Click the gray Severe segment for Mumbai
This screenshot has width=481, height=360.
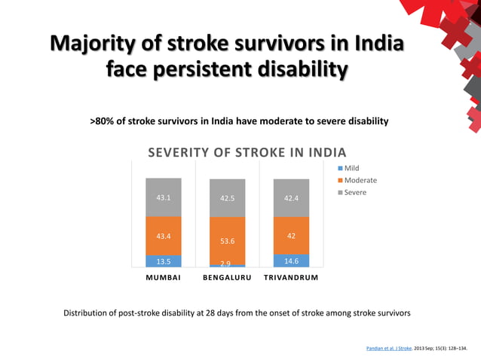pos(164,197)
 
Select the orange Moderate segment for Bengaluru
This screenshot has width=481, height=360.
pos(227,241)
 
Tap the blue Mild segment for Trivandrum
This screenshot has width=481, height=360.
pos(291,261)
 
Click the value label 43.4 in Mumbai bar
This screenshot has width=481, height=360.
pos(164,236)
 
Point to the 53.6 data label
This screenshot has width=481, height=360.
pos(228,242)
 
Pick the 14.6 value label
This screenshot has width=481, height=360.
pos(291,261)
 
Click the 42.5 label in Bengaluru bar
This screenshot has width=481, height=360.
pos(228,199)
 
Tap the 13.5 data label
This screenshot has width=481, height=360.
pos(164,261)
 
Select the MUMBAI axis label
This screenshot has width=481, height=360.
pos(164,278)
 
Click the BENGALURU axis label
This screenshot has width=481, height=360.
pos(227,278)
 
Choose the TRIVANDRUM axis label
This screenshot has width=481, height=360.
pos(291,278)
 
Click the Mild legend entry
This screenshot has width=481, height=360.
pos(353,168)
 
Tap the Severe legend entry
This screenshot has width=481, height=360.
pos(355,193)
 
